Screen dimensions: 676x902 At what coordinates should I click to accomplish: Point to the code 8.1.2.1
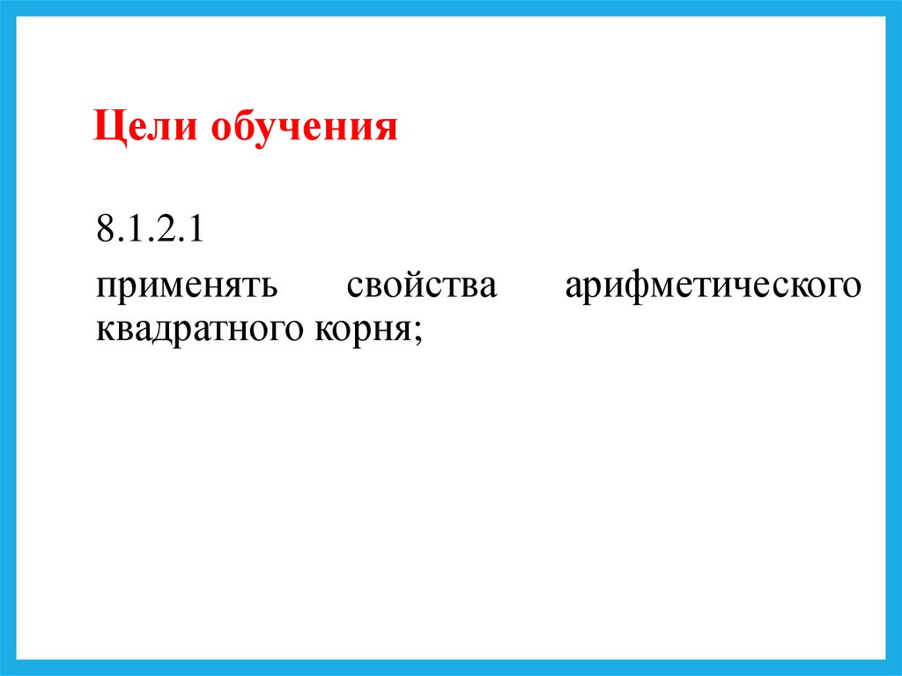tap(151, 234)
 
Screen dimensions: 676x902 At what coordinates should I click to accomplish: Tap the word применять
tap(188, 286)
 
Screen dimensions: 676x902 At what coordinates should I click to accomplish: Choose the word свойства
tap(422, 286)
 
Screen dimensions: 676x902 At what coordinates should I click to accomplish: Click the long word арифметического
tap(712, 286)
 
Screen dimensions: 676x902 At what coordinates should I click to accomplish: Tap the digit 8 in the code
tap(106, 234)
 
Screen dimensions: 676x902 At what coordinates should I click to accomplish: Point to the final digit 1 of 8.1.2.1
tap(196, 234)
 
